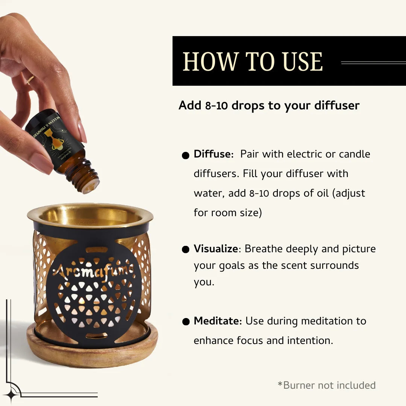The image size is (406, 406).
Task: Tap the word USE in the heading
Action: pos(303,62)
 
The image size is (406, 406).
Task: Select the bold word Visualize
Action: pos(216,249)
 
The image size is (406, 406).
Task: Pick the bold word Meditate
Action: pos(217,321)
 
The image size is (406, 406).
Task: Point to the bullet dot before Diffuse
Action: pos(185,155)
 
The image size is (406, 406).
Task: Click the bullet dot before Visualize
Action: pos(185,250)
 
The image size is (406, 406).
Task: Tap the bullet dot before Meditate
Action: pos(185,322)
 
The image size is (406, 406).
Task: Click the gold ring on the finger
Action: pos(30,79)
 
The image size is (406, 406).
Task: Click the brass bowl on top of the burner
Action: pos(90,215)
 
